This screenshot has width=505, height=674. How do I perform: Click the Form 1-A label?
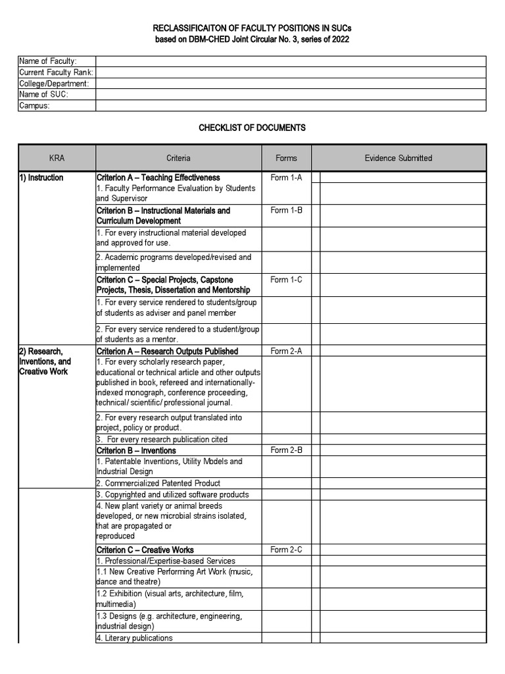pyautogui.click(x=286, y=178)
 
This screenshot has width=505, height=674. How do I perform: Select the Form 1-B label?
pyautogui.click(x=286, y=211)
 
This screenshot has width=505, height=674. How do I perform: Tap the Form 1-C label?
pyautogui.click(x=286, y=280)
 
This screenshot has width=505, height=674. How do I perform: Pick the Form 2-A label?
pyautogui.click(x=286, y=351)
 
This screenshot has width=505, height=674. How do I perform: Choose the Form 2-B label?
pyautogui.click(x=286, y=450)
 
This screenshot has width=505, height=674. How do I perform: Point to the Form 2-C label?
pyautogui.click(x=286, y=550)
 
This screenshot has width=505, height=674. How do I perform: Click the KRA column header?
pyautogui.click(x=57, y=158)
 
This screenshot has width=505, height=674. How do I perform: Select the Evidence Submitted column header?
pyautogui.click(x=398, y=158)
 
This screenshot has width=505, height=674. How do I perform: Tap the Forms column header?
pyautogui.click(x=286, y=158)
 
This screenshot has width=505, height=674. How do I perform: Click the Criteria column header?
pyautogui.click(x=178, y=158)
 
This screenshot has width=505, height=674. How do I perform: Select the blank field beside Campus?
pyautogui.click(x=291, y=106)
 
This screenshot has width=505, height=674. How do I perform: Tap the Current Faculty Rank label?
pyautogui.click(x=56, y=72)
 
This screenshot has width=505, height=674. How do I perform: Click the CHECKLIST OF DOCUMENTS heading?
pyautogui.click(x=252, y=128)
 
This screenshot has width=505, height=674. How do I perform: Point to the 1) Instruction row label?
pyautogui.click(x=41, y=178)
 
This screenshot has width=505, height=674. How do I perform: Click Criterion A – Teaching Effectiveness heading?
pyautogui.click(x=158, y=178)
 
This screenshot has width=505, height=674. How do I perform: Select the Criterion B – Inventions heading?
pyautogui.click(x=136, y=450)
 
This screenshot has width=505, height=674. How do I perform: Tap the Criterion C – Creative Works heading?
pyautogui.click(x=145, y=550)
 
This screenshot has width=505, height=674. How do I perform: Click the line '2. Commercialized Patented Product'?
pyautogui.click(x=158, y=483)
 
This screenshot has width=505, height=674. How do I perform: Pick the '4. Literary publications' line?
pyautogui.click(x=135, y=638)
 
